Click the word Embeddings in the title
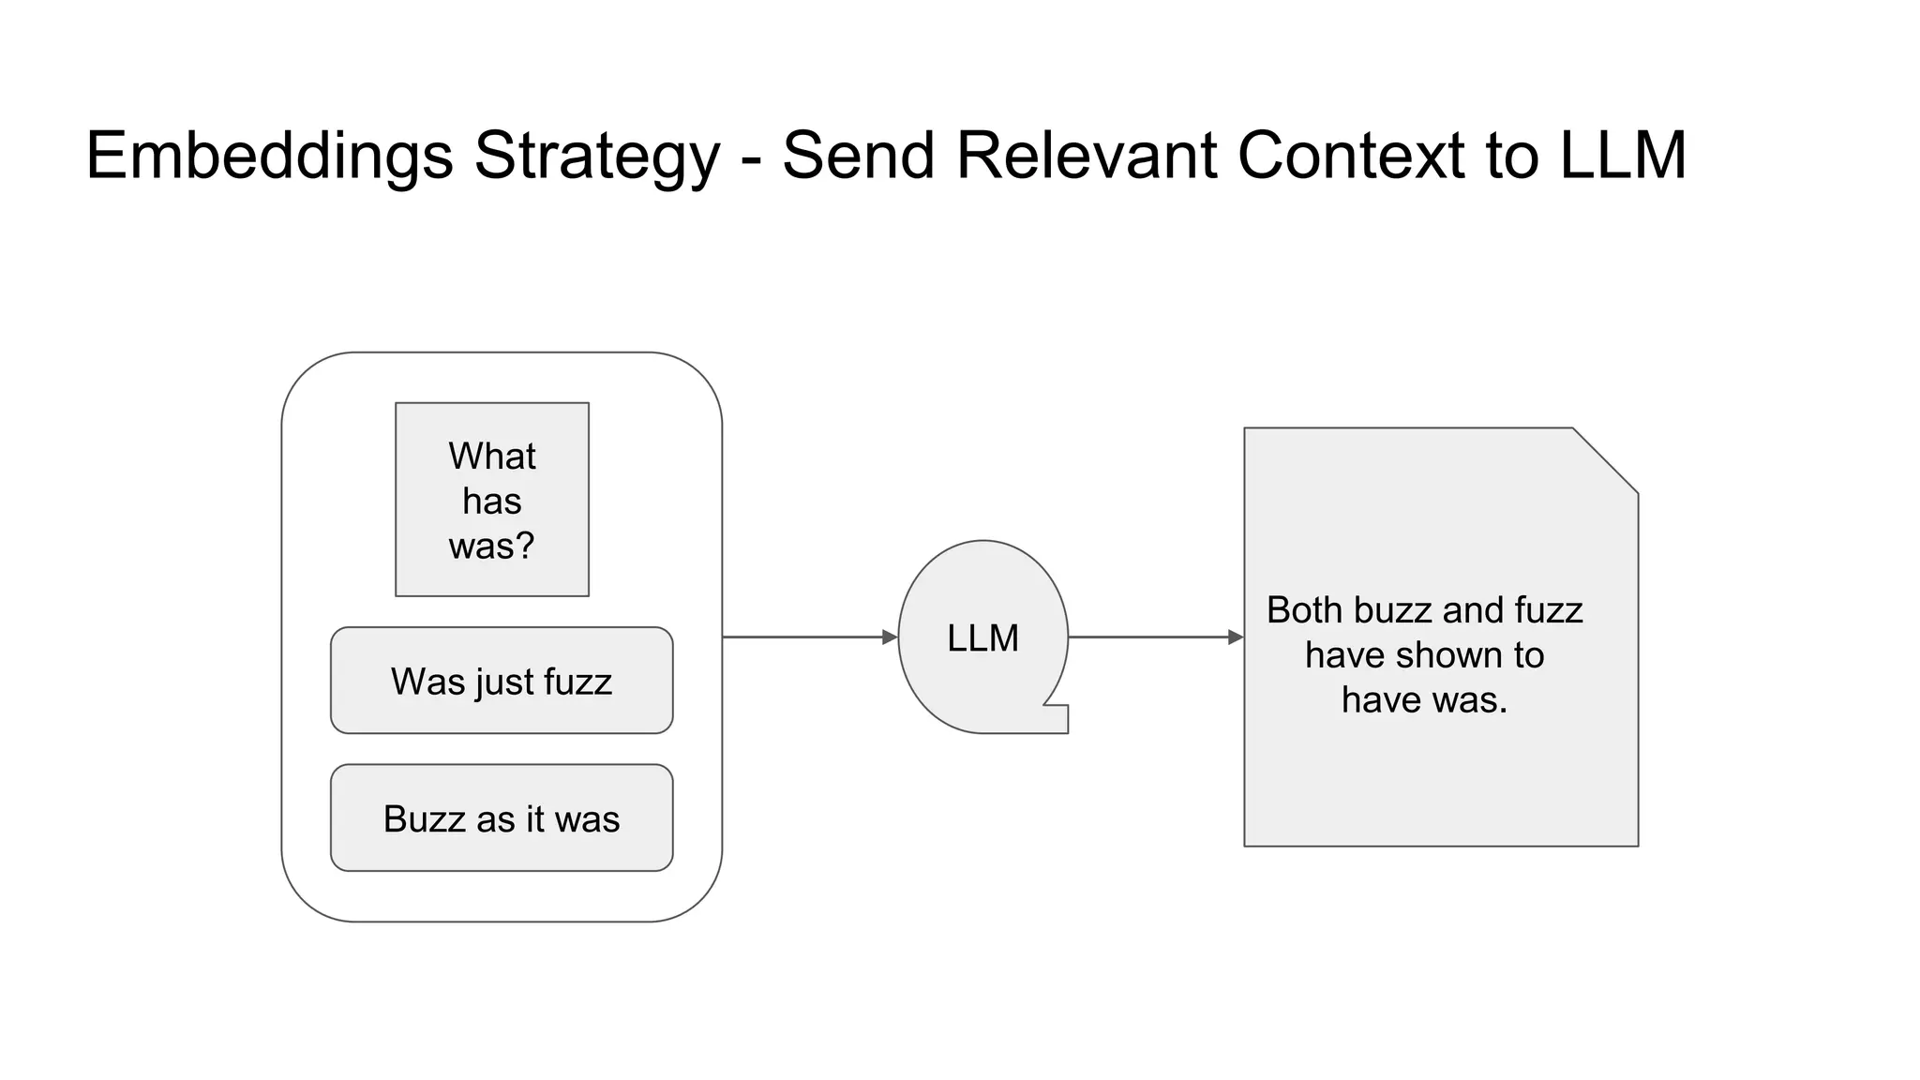tap(270, 157)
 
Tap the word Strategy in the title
tap(597, 157)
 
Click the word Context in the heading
tap(1350, 155)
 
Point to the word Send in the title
tap(858, 155)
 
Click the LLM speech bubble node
tap(982, 637)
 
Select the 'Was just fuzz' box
tap(502, 681)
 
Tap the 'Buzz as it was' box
tap(502, 818)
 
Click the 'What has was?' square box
tap(492, 500)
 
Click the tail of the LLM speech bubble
tap(1057, 718)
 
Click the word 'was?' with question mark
tap(492, 546)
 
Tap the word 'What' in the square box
tap(492, 457)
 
